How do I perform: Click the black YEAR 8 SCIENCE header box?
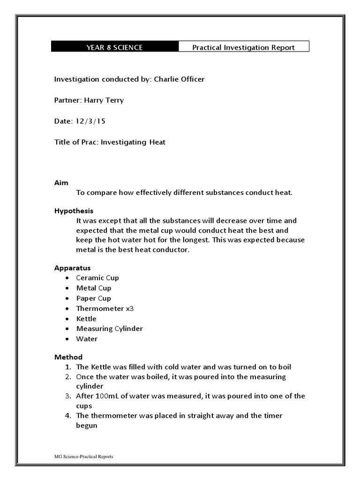coord(114,47)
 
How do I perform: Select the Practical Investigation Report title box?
coord(244,47)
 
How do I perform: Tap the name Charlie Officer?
coord(179,79)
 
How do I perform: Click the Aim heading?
coord(61,183)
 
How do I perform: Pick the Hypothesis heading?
coord(74,211)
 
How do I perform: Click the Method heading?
coord(68,357)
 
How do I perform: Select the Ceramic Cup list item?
coord(97,277)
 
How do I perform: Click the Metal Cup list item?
coord(94,288)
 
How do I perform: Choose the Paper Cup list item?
coord(94,298)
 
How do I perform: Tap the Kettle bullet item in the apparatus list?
coord(86,319)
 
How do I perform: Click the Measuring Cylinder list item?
coord(109,329)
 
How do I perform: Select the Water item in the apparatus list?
coord(87,339)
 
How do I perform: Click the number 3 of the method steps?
coord(67,396)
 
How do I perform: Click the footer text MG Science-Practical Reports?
coord(83,456)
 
